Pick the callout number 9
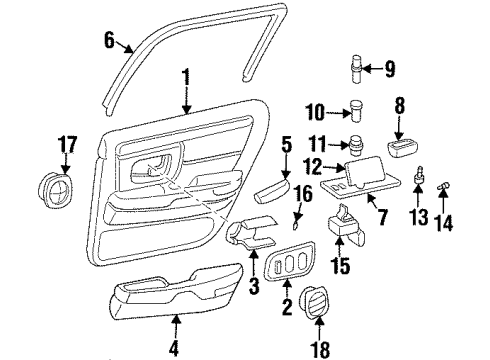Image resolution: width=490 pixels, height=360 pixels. coord(389,69)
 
